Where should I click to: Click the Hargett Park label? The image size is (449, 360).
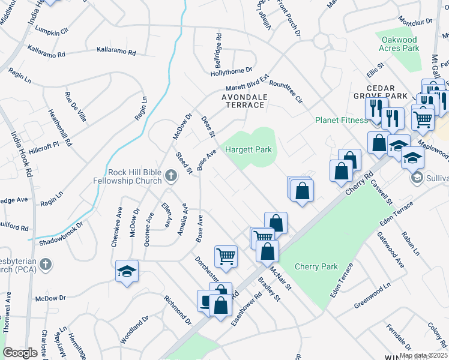coord(248,149)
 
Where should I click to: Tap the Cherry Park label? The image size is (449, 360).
coord(317,267)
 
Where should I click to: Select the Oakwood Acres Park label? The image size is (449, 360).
coord(399,43)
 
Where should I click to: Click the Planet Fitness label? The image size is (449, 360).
coord(342,120)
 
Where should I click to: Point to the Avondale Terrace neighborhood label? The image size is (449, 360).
coord(243,100)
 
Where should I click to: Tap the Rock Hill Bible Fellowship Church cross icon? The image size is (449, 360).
coord(171,176)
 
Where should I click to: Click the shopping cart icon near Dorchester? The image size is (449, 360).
coord(226,256)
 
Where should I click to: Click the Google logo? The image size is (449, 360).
coord(20,353)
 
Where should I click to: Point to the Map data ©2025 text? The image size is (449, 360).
coord(423,355)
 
